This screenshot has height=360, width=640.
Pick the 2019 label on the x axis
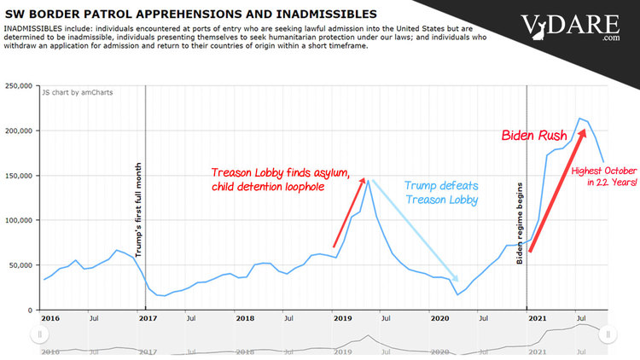pyautogui.click(x=342, y=318)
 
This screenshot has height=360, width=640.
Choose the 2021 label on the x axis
pyautogui.click(x=537, y=318)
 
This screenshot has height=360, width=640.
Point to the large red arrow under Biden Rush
pyautogui.click(x=557, y=203)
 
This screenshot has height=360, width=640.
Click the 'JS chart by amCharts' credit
pyautogui.click(x=78, y=92)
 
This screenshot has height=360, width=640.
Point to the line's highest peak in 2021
pyautogui.click(x=580, y=119)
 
